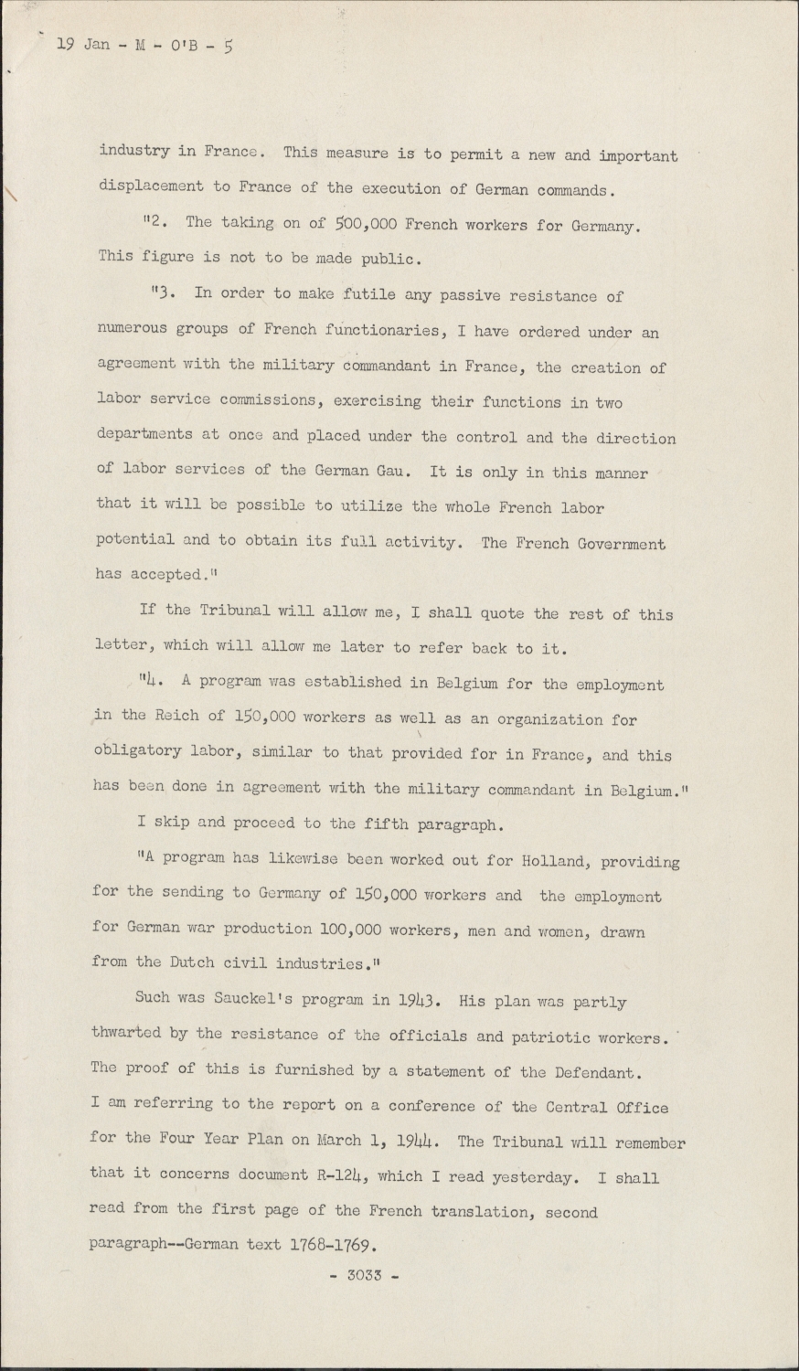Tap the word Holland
click(x=551, y=861)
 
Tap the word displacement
click(x=151, y=186)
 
